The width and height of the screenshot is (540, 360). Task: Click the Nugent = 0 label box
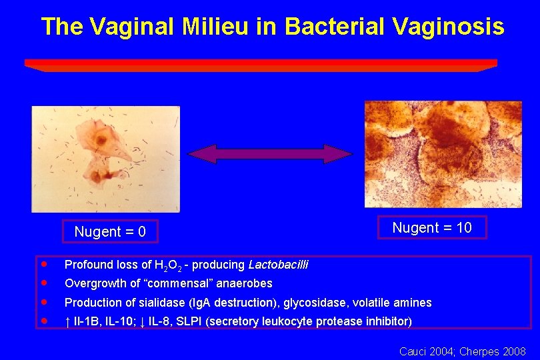110,231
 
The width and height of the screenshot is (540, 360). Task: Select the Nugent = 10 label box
432,227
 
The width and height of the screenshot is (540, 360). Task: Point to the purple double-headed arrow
269,154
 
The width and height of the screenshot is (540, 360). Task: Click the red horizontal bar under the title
261,65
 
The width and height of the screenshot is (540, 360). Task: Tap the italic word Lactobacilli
278,265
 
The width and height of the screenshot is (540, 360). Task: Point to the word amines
415,303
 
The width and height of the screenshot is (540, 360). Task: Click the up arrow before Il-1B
67,321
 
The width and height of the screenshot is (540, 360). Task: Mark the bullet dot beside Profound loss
42,265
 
